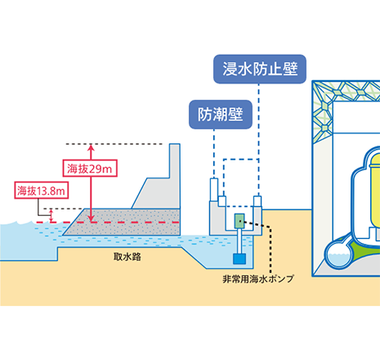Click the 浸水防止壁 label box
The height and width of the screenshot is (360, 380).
(260, 69)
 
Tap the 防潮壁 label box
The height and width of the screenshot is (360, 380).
(221, 115)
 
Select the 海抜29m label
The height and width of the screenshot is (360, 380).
(90, 169)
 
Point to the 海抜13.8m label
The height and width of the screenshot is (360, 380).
(41, 190)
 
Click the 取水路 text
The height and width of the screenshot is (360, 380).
(127, 257)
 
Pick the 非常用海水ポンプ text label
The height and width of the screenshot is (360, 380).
(258, 279)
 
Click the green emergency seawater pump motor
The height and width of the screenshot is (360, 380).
(239, 221)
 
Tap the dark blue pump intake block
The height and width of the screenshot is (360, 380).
(239, 259)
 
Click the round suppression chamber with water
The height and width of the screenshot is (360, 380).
(339, 254)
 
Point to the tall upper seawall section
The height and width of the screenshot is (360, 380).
(175, 176)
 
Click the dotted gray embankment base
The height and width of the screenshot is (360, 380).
(122, 222)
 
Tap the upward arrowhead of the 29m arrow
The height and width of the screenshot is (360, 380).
(91, 147)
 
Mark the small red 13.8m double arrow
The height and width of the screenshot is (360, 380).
(51, 216)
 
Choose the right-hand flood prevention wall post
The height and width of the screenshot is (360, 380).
(257, 201)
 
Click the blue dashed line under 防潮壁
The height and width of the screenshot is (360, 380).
(214, 154)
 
